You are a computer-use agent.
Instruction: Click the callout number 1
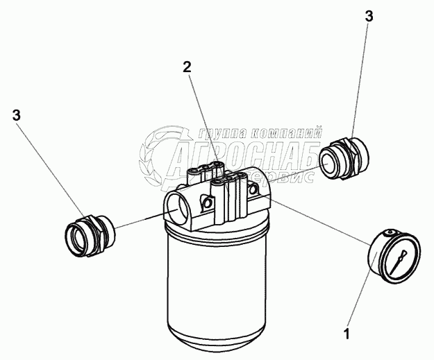pos(347,334)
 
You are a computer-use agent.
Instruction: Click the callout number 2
pos(187,67)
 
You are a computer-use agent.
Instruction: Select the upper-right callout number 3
pos(369,17)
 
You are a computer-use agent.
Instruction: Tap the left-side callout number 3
pos(17,115)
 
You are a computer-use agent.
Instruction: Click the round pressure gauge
pos(394,257)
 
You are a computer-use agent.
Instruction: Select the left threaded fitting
pos(90,236)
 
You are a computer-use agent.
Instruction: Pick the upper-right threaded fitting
pos(344,158)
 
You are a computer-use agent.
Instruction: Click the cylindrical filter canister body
pos(217,285)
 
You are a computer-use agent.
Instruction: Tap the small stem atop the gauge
pos(390,232)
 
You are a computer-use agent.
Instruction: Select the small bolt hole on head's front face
pos(207,203)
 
